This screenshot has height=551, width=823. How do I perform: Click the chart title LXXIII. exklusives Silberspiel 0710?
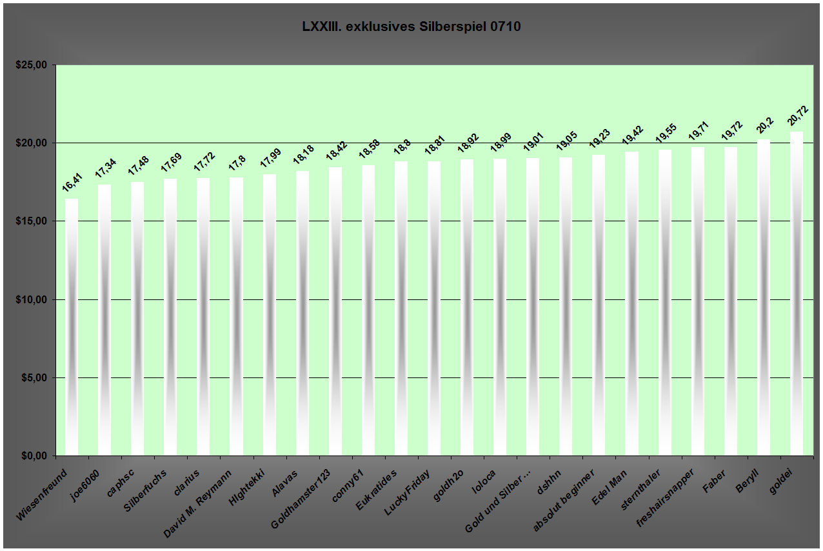click(x=411, y=27)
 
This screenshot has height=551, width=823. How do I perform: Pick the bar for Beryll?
click(x=764, y=297)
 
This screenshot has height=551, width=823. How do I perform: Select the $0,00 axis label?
click(x=32, y=456)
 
